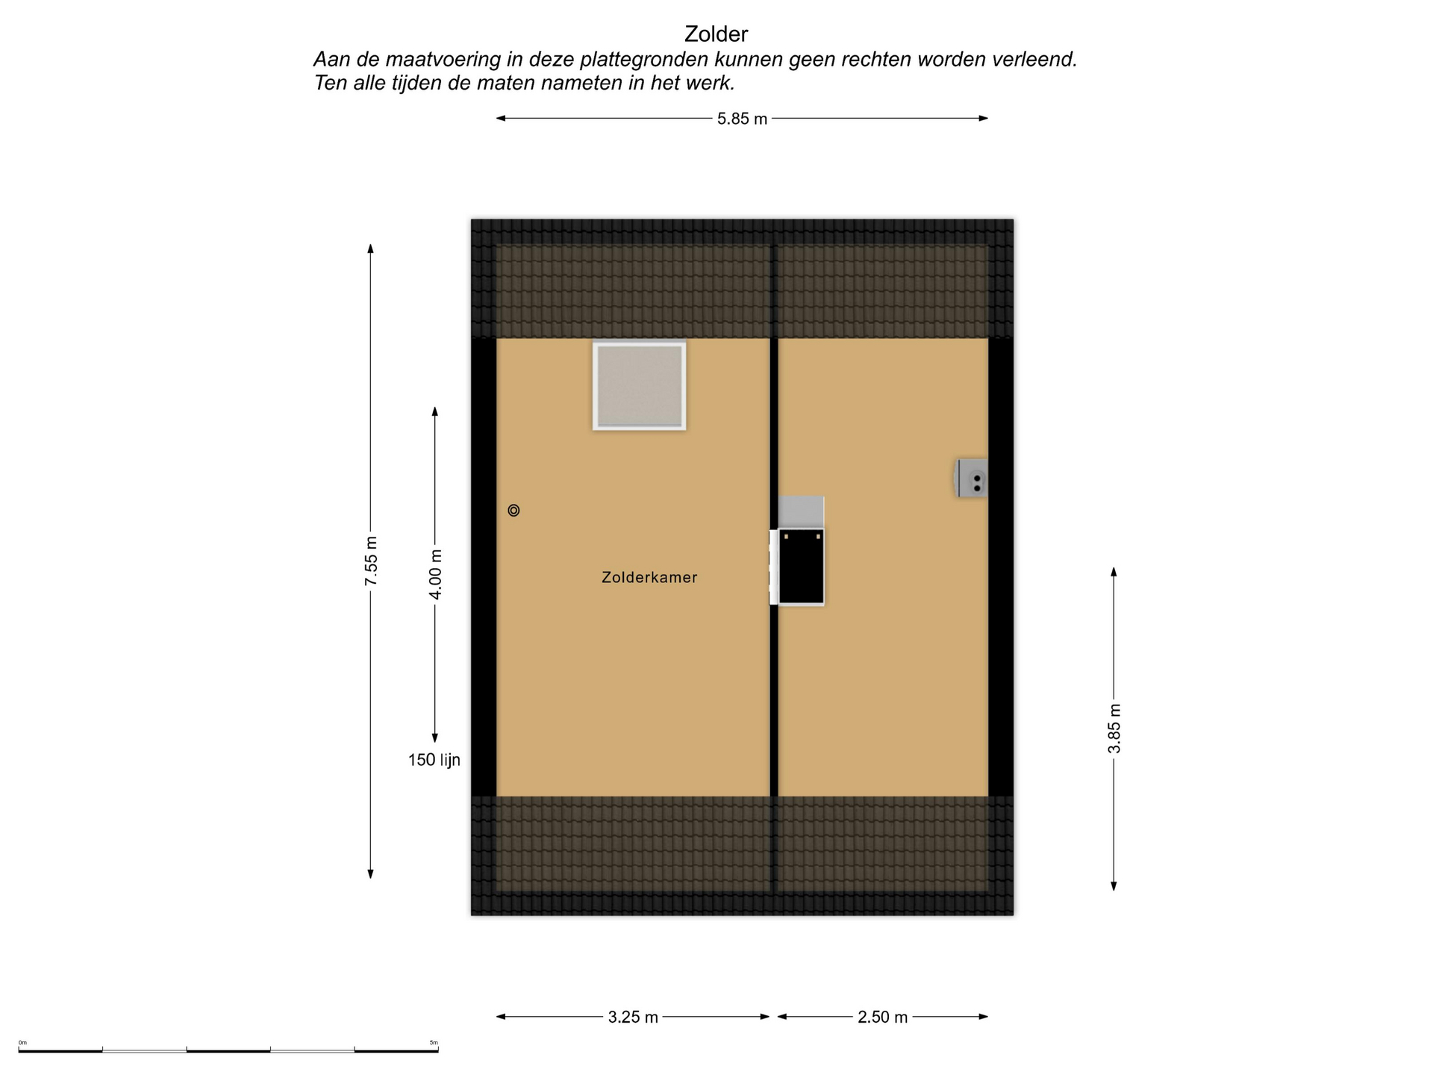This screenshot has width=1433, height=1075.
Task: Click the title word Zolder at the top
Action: pyautogui.click(x=716, y=34)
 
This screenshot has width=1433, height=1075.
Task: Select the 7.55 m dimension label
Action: pyautogui.click(x=371, y=561)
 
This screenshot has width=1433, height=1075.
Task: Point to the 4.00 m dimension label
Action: pyautogui.click(x=435, y=574)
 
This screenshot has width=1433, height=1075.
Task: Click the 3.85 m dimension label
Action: pyautogui.click(x=1114, y=728)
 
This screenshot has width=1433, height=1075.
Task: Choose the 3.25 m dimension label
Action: pyautogui.click(x=633, y=1017)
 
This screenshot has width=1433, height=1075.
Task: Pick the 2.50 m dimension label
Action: pyautogui.click(x=882, y=1017)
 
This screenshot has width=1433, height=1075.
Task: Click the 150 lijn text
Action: pyautogui.click(x=434, y=760)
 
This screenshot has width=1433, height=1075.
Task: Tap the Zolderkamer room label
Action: pyautogui.click(x=649, y=577)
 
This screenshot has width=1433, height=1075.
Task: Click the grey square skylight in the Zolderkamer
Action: pyautogui.click(x=640, y=386)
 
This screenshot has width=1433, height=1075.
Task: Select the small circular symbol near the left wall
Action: pyautogui.click(x=513, y=511)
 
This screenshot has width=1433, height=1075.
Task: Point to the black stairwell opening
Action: pyautogui.click(x=801, y=567)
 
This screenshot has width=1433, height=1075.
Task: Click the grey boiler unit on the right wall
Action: pyautogui.click(x=972, y=478)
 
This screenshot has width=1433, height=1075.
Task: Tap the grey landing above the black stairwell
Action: pyautogui.click(x=801, y=512)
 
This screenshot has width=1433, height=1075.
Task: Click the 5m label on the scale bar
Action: pyautogui.click(x=434, y=1043)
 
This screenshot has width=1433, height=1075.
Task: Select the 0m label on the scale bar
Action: pyautogui.click(x=22, y=1043)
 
